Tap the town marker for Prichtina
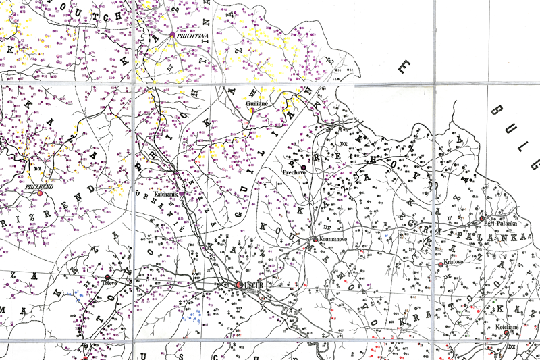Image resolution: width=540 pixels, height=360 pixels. (173, 34)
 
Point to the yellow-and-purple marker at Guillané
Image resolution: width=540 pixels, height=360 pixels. (252, 113)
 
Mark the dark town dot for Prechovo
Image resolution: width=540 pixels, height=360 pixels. (304, 167)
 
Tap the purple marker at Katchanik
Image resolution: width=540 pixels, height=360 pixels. (181, 194)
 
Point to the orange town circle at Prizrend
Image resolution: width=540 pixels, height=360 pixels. (40, 193)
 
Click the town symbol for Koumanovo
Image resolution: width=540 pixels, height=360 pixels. (315, 239)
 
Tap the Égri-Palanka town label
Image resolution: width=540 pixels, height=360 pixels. (500, 224)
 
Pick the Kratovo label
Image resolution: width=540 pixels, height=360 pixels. (456, 263)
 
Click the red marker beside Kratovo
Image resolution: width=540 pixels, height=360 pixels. (441, 264)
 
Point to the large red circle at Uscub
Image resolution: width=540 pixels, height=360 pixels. (240, 285)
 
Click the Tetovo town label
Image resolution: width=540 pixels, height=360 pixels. (110, 284)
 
